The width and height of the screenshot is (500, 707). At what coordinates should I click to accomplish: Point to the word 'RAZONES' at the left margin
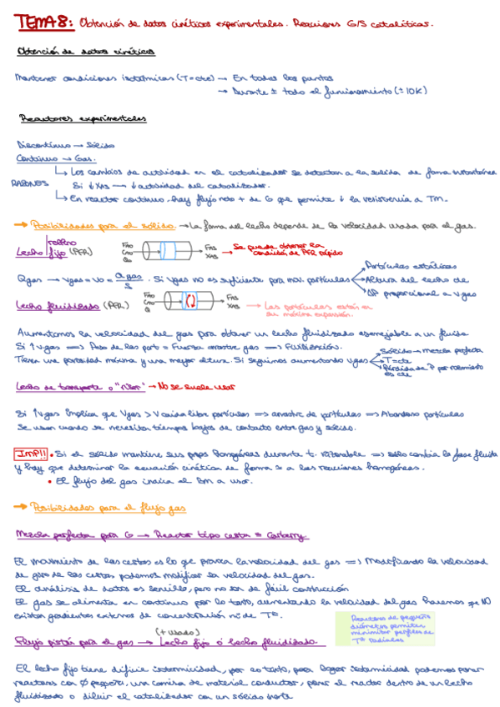[25, 185]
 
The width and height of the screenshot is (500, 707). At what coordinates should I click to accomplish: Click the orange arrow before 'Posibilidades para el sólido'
[21, 224]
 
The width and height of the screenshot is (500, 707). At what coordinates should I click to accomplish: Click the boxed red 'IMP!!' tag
[30, 454]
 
